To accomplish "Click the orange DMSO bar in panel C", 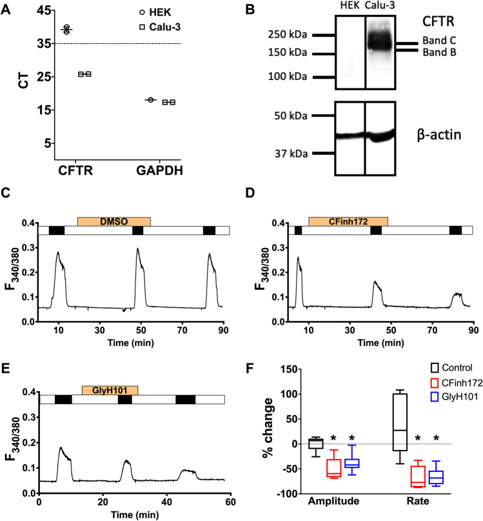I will point(113,221).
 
